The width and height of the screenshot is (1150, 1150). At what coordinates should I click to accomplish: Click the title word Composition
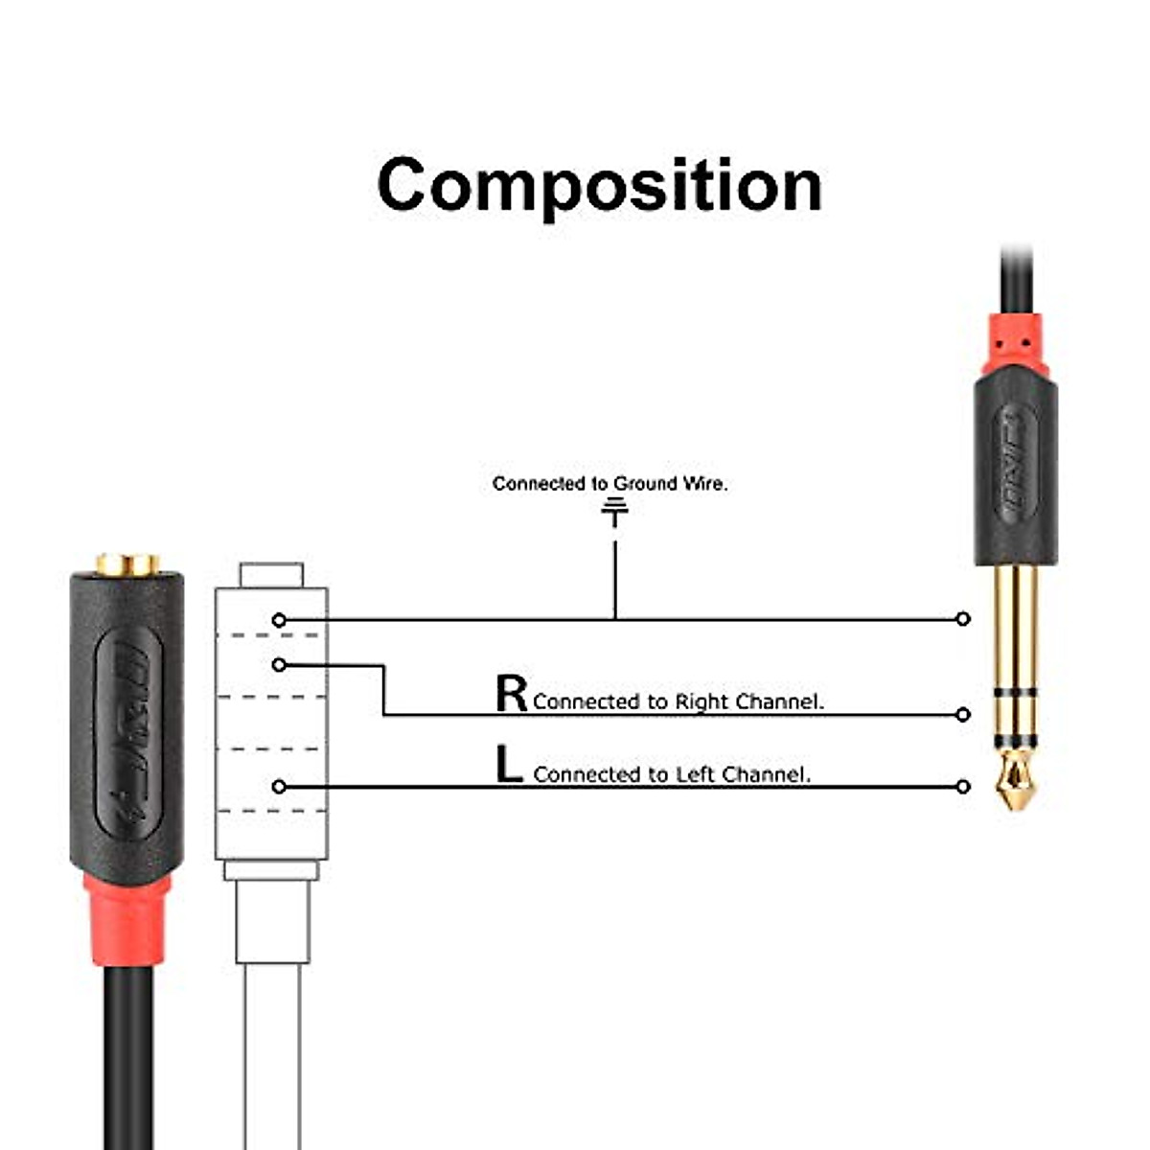[600, 184]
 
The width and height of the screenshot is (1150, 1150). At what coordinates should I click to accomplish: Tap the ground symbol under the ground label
[614, 514]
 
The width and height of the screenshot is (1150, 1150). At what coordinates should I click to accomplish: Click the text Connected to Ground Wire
[609, 484]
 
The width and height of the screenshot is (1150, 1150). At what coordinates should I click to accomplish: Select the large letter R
[511, 693]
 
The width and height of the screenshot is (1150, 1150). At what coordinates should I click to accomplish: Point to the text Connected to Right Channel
[678, 701]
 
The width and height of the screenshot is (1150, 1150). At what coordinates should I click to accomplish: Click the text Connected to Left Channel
[672, 774]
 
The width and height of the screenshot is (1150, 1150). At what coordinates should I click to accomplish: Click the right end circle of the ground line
[963, 619]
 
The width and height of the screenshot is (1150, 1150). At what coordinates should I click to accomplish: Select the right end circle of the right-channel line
[963, 714]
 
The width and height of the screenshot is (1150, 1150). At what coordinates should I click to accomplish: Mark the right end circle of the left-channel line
[963, 787]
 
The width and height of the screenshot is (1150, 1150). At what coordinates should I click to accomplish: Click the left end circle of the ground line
[279, 620]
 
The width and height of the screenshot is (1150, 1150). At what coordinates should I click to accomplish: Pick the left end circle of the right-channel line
[279, 664]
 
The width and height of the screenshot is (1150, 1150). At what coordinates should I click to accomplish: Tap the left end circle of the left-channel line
[279, 787]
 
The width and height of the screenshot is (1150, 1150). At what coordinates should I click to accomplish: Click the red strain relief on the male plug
[1016, 344]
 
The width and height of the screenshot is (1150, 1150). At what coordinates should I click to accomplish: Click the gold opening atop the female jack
[127, 564]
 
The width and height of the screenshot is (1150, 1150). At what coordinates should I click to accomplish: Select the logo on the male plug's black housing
[1016, 465]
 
